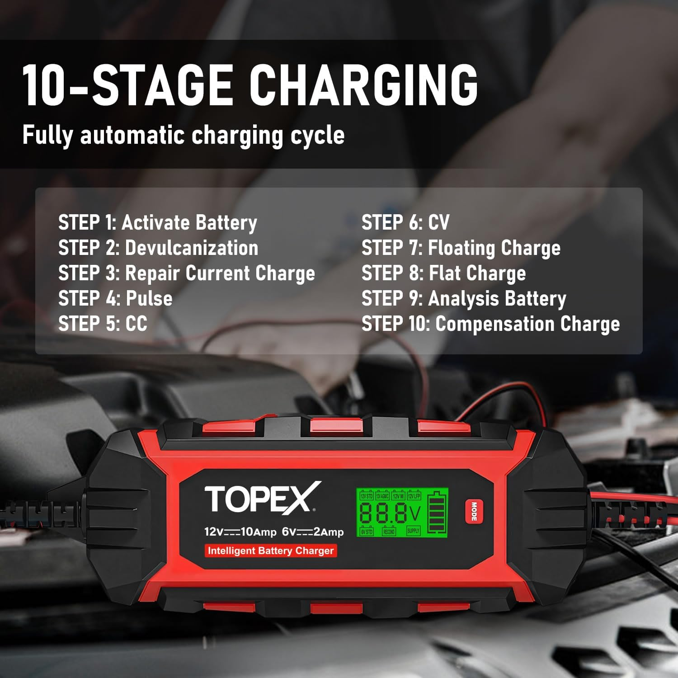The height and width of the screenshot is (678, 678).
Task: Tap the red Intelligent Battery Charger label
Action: (270, 551)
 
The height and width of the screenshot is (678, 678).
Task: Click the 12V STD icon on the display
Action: (367, 496)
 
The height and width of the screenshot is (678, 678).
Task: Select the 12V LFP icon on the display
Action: (414, 496)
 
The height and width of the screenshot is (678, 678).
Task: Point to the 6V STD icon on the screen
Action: (367, 532)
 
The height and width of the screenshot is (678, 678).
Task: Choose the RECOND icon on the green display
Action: (389, 532)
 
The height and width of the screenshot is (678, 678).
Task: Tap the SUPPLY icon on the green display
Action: (413, 531)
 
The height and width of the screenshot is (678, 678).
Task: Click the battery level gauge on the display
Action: (437, 513)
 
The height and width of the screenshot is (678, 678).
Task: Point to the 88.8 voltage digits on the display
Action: (383, 513)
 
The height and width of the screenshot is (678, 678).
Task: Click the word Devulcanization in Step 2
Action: (192, 248)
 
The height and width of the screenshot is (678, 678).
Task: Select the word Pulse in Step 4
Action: (149, 298)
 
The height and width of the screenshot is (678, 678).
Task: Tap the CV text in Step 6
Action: (438, 222)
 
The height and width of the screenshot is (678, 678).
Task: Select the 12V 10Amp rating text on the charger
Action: (240, 532)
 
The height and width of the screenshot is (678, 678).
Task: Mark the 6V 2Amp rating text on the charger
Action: (313, 532)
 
